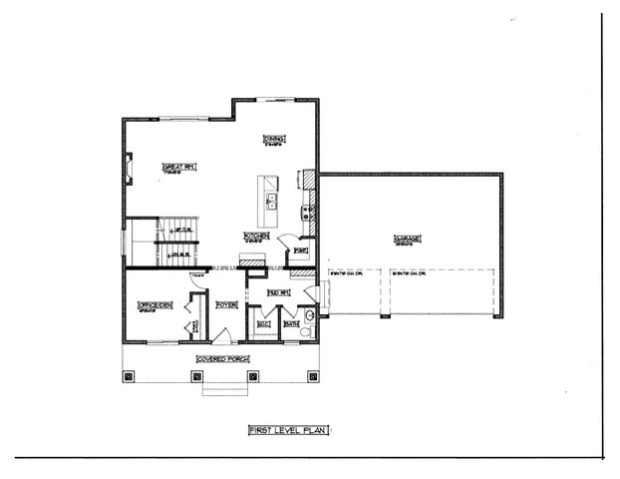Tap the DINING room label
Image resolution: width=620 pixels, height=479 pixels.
pyautogui.click(x=273, y=139)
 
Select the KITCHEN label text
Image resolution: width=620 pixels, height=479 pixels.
pyautogui.click(x=255, y=236)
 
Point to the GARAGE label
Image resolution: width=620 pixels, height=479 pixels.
pyautogui.click(x=407, y=239)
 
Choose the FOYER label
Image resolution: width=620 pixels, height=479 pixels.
pyautogui.click(x=226, y=303)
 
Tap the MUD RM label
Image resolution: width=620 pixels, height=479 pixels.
pyautogui.click(x=277, y=292)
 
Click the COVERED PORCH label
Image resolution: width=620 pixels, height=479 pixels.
pyautogui.click(x=223, y=358)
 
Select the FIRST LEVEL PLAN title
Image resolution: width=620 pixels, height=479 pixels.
pyautogui.click(x=288, y=430)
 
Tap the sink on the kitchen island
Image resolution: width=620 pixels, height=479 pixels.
pyautogui.click(x=270, y=199)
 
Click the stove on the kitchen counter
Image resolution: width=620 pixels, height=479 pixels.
pyautogui.click(x=308, y=211)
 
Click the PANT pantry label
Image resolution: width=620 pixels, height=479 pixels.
pyautogui.click(x=299, y=250)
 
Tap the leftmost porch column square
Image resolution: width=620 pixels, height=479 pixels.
pyautogui.click(x=129, y=377)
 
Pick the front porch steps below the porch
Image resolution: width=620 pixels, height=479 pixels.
pyautogui.click(x=223, y=387)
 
